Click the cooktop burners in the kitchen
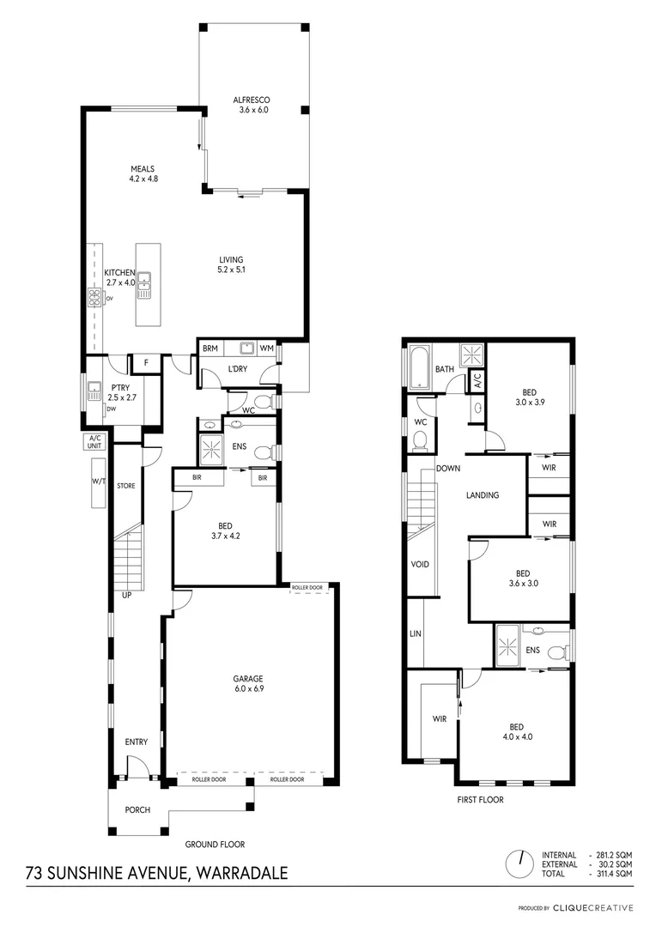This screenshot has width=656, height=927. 94,298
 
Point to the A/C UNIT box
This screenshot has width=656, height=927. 94,441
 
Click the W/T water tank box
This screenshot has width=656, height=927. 98,482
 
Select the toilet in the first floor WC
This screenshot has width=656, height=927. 421,441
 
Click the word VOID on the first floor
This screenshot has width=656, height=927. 420,564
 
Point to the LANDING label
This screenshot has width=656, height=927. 482,495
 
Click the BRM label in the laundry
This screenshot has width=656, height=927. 210,348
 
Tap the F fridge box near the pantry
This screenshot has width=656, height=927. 147,364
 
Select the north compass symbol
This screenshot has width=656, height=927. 519,862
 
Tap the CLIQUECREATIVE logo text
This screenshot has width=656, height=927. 593,907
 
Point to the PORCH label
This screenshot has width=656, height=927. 137,809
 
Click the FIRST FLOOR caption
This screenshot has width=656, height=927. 480,799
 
